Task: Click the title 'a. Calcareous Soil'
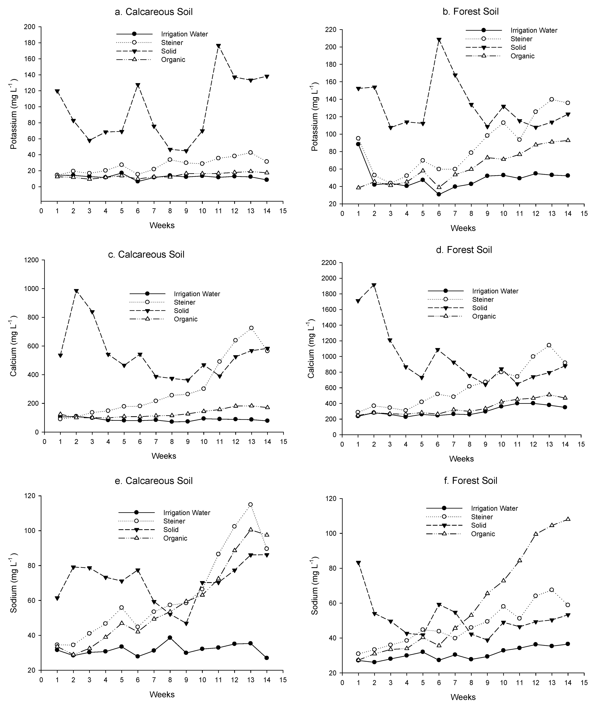154,12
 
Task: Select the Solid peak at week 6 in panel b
439,40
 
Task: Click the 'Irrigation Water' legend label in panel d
495,291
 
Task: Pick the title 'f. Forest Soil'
475,480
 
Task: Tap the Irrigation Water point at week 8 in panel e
170,638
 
